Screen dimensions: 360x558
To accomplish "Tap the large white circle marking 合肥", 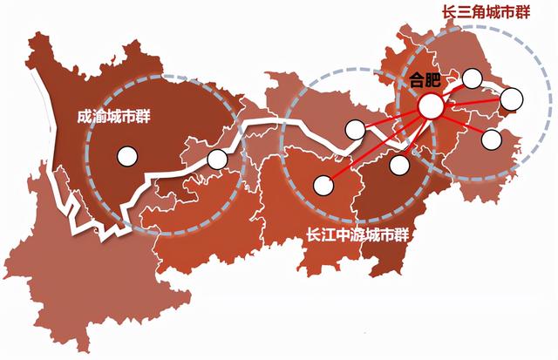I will click(x=430, y=106).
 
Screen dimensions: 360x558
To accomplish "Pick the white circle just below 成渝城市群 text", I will click(x=127, y=158).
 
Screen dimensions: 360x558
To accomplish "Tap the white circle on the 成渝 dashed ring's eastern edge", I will click(x=216, y=160).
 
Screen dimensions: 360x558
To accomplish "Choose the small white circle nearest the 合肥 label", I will click(x=473, y=78).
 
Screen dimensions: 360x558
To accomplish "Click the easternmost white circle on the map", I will click(x=511, y=98).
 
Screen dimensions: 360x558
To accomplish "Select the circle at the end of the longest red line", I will click(x=323, y=184).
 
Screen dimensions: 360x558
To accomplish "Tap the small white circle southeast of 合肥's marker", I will click(x=491, y=139).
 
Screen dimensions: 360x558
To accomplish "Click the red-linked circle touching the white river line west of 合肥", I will click(x=355, y=130).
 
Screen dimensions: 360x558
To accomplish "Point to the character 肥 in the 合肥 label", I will click(x=434, y=81).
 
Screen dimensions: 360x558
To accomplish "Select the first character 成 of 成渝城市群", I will click(x=84, y=115).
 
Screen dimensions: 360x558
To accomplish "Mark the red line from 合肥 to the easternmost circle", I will click(x=471, y=103).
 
